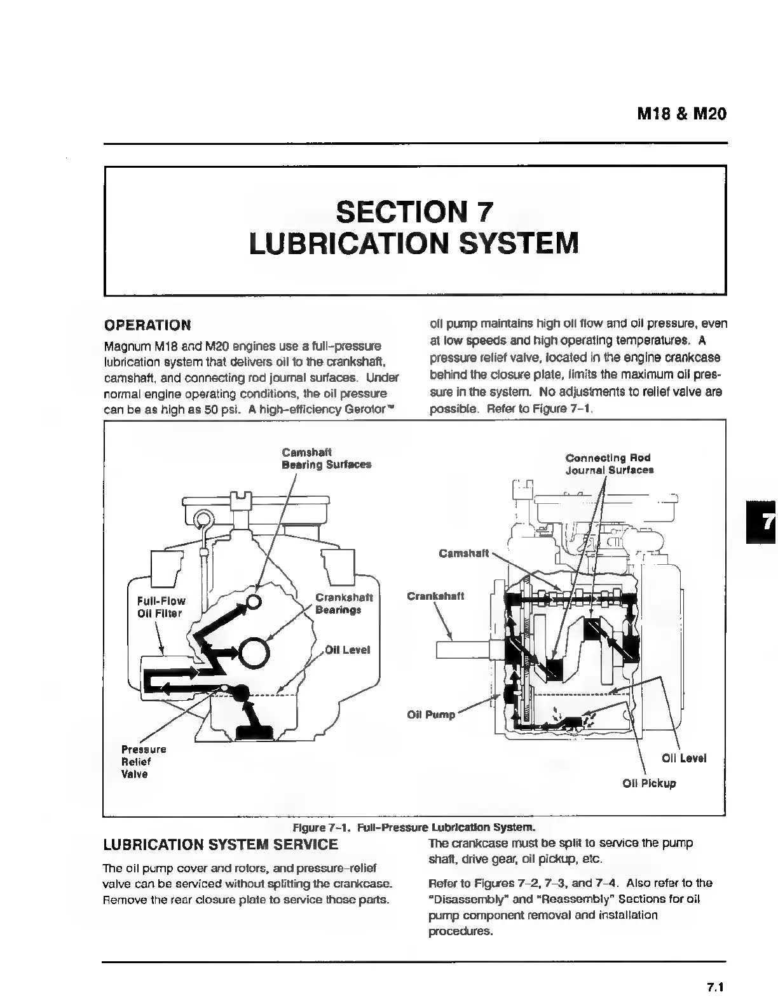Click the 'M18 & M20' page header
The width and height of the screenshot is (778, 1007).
681,114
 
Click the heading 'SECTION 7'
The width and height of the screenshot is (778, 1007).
414,212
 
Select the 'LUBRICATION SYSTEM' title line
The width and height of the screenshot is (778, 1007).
414,243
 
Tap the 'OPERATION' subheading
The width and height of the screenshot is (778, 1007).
147,325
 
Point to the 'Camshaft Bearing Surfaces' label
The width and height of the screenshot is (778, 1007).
326,459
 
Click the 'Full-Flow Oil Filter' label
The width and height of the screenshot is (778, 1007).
161,607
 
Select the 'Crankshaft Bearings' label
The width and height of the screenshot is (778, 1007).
343,604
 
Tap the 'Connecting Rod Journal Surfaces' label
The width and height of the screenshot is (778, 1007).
609,464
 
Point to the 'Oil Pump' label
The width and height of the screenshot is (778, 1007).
431,715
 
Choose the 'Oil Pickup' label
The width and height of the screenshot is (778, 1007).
649,783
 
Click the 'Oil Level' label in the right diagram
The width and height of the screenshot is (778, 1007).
683,758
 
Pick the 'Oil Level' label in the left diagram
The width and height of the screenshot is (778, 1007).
347,650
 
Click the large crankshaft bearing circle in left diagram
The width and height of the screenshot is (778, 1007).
255,651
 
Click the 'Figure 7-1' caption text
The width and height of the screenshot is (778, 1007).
414,828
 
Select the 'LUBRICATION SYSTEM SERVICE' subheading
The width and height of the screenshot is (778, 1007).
220,845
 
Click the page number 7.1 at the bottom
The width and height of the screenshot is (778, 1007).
716,987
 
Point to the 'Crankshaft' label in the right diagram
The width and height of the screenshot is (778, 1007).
435,596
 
